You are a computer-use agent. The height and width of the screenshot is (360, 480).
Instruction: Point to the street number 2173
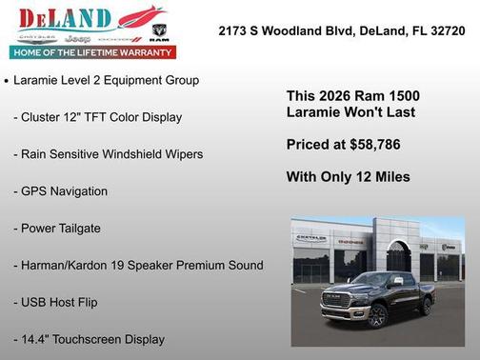coord(234,30)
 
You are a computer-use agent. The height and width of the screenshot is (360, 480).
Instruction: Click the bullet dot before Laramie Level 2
coord(7,82)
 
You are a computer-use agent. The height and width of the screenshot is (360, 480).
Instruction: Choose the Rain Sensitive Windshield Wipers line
coord(108,153)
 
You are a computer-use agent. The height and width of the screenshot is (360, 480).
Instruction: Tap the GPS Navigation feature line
coord(73,190)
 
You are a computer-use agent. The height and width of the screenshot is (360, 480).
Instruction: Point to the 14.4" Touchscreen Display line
coord(89,338)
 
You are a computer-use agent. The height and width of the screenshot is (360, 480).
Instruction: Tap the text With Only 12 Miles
coord(348,176)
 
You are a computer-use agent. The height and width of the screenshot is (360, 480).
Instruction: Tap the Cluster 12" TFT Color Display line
coord(97,116)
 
